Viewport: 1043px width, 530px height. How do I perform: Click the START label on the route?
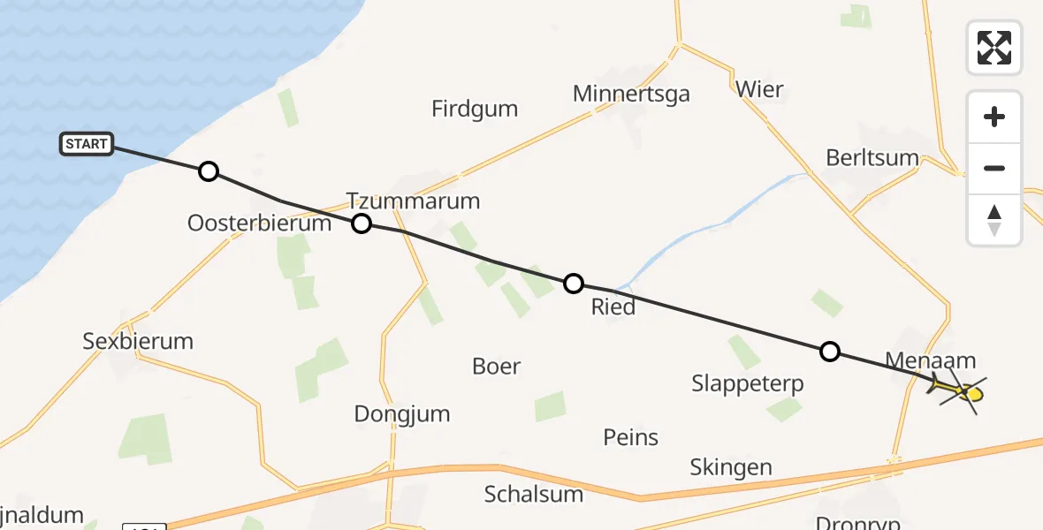point(87,144)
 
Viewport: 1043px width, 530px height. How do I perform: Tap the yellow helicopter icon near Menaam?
point(960,390)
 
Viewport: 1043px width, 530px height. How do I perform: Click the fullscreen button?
point(994,48)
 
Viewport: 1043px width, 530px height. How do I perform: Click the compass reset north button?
point(994,220)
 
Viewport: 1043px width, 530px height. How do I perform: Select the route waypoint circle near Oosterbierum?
point(208,171)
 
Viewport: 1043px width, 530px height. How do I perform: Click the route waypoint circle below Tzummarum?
point(362,223)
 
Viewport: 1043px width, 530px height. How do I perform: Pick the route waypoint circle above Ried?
point(574,284)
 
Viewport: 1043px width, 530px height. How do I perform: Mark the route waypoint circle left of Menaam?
point(829,352)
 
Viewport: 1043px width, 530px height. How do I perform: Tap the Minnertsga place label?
point(631,94)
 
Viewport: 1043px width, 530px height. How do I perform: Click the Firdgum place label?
point(475,110)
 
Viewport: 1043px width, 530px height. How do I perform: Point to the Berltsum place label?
point(872,157)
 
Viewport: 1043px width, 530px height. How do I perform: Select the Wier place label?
point(759,89)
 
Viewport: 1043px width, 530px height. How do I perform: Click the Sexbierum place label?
point(138,341)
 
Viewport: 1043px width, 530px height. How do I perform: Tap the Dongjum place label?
point(402,413)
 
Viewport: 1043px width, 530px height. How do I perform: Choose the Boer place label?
point(497,366)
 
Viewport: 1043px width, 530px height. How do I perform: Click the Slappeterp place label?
point(748,384)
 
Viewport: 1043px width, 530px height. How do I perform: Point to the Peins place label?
point(631,437)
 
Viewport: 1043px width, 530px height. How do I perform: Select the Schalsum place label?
point(534,494)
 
